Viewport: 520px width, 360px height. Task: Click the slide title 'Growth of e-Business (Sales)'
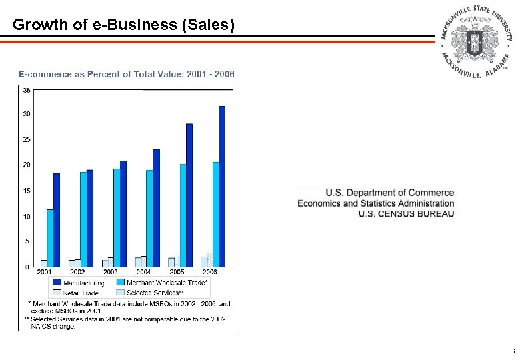(124, 25)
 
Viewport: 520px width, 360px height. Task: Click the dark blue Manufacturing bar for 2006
(222, 187)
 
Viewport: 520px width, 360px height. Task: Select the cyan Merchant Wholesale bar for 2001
(50, 238)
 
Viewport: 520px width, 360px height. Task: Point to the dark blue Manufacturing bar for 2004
(156, 208)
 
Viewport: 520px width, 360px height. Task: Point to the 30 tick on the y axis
(26, 114)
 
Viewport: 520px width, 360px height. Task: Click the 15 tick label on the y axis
(26, 191)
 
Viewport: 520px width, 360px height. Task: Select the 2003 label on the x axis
(110, 272)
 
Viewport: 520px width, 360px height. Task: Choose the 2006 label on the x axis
(209, 272)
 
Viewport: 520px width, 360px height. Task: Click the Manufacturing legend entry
(78, 283)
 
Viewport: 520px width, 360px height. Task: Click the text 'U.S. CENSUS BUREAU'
(406, 214)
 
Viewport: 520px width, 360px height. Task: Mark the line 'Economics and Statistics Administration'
(376, 203)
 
